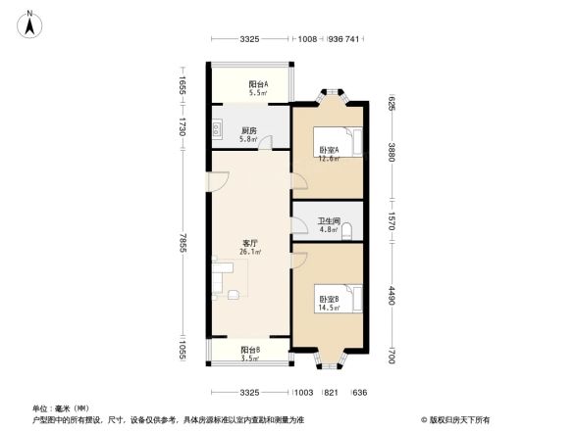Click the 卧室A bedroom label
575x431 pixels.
coord(329,150)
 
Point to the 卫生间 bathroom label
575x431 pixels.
coord(328,221)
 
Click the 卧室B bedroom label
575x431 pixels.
coord(328,299)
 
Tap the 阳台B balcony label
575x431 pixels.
coord(250,350)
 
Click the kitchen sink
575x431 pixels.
coord(214,127)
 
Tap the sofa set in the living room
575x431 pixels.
coord(227,278)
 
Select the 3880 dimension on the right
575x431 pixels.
coord(391,152)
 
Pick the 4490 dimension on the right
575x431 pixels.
coord(391,297)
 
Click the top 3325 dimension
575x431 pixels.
coord(249,40)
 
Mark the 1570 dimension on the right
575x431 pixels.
coord(391,221)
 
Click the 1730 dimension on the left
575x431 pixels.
coord(183,126)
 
